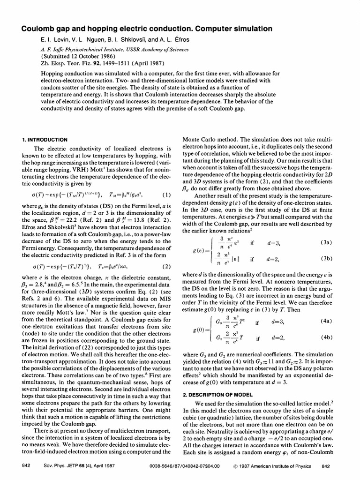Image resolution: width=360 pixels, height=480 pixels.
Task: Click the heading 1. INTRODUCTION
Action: [45, 140]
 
